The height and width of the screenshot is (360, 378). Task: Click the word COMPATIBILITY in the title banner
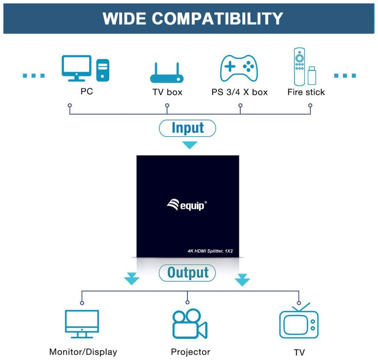217,19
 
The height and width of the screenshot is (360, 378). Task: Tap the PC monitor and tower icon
85,69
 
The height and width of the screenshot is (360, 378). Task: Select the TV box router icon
167,73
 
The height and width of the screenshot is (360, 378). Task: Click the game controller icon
239,68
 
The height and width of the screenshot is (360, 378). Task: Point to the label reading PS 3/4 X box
239,92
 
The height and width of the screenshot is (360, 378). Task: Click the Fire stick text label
306,92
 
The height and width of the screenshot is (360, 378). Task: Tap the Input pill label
188,128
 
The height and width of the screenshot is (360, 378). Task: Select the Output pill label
187,273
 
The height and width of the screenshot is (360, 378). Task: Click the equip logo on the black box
187,205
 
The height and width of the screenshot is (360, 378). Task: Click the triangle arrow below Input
190,145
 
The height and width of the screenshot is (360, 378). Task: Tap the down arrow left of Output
132,280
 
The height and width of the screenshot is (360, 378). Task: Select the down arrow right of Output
242,280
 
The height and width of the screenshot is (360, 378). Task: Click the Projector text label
191,352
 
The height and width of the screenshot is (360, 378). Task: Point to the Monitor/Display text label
83,352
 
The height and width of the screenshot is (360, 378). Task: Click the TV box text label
167,92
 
